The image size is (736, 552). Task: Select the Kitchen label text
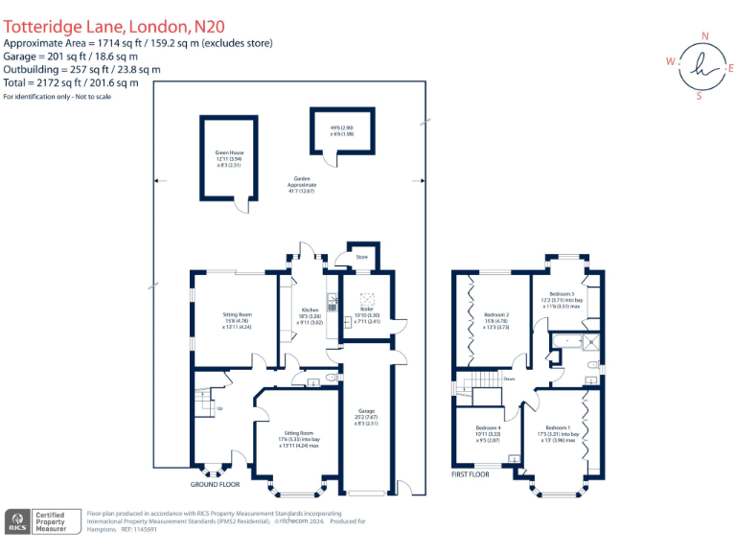click(310, 310)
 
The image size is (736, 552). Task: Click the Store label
click(361, 257)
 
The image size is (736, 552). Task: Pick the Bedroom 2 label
click(495, 314)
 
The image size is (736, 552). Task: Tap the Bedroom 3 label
click(563, 294)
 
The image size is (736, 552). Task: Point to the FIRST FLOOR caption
click(471, 473)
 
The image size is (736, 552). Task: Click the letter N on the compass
click(705, 36)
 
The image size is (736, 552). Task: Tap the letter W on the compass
click(671, 61)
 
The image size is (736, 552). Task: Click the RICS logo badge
click(17, 522)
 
